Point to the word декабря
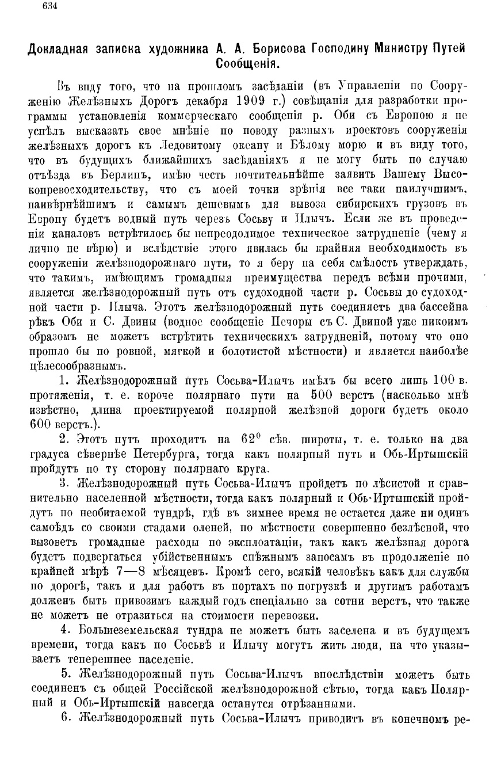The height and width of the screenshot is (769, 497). tap(199, 98)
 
